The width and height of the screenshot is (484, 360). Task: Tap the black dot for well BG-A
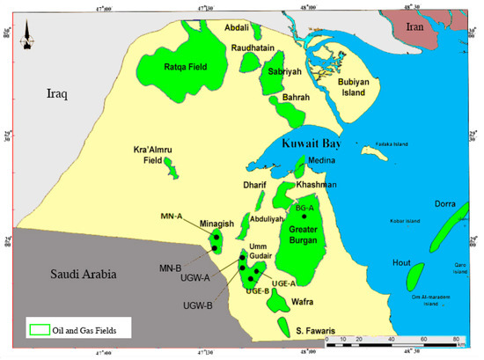tap(304, 215)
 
